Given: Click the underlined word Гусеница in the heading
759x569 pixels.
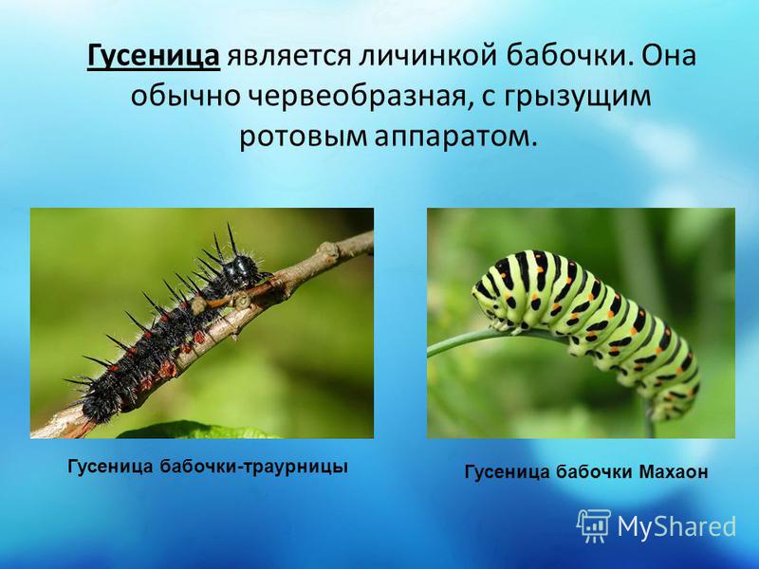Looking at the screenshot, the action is (x=154, y=55).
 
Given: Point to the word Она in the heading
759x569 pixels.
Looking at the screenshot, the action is (x=671, y=55).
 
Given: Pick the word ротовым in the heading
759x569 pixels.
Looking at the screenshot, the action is (x=303, y=137).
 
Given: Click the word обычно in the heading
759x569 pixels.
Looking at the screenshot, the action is (x=185, y=96).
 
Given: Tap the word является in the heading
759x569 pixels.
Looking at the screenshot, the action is (x=289, y=55).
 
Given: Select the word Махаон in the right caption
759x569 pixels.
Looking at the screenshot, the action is (x=674, y=471).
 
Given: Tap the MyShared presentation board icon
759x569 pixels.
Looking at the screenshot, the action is (x=594, y=525).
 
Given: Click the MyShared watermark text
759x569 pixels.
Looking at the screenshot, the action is (x=676, y=526).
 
